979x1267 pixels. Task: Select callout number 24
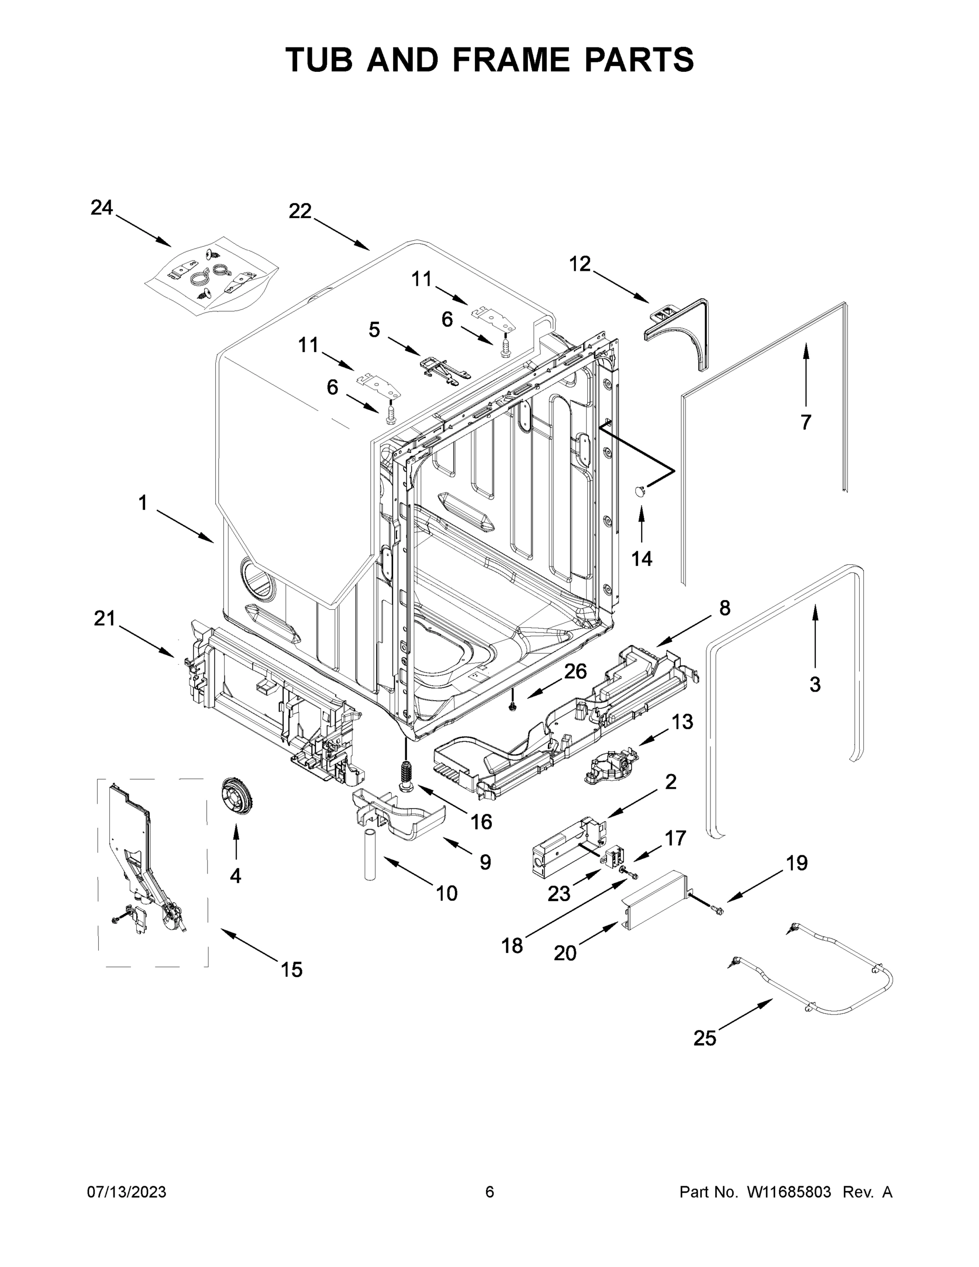tap(101, 207)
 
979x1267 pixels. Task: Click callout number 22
tap(300, 212)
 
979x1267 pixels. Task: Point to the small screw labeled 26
tap(512, 705)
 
